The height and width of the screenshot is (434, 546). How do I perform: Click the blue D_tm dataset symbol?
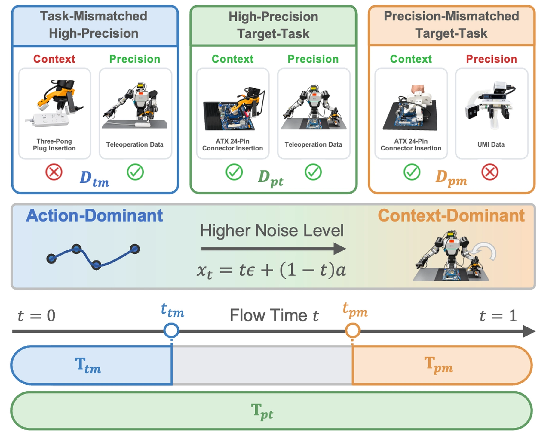tap(94, 179)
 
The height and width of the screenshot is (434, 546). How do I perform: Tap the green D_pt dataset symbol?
tap(271, 178)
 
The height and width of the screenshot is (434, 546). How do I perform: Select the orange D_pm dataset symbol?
tap(451, 178)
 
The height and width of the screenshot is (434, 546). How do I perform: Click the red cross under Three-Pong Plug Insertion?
tap(54, 172)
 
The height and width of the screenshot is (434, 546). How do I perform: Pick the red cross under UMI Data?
tap(490, 172)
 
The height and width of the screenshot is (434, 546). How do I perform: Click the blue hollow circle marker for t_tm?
tap(171, 330)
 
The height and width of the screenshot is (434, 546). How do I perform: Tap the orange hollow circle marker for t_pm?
tap(352, 330)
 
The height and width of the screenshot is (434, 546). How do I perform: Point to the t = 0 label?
tap(36, 316)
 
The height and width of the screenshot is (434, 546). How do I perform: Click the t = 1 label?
tap(498, 316)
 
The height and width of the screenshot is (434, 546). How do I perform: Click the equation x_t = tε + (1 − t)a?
tap(271, 270)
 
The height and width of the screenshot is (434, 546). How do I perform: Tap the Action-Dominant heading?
tap(94, 215)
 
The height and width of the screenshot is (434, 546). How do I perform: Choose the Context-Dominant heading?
tap(451, 215)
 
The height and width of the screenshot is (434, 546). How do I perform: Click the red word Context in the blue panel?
tap(54, 59)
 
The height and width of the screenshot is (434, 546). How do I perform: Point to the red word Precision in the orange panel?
tap(492, 59)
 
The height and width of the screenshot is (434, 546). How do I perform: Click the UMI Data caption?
tap(491, 144)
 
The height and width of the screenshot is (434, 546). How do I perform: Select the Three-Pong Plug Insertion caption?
tap(54, 145)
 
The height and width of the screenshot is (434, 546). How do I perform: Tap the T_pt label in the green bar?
tap(262, 411)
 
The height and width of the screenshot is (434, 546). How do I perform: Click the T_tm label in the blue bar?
tap(88, 365)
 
